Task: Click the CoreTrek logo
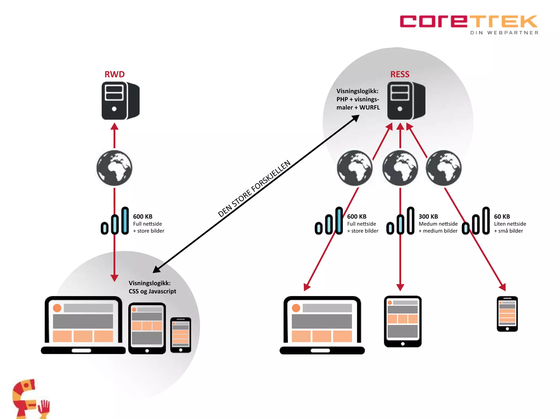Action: (x=468, y=22)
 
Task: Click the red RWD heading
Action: (x=115, y=74)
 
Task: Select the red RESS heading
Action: (x=400, y=74)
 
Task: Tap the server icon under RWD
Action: (x=120, y=101)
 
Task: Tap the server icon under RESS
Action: (x=406, y=101)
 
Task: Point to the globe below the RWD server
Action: (x=114, y=168)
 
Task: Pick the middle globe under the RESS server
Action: (x=400, y=168)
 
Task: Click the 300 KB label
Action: (x=428, y=217)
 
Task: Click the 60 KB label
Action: (x=502, y=217)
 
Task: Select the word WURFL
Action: (x=370, y=107)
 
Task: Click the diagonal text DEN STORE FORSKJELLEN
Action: (x=254, y=189)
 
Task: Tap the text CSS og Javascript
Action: (x=152, y=291)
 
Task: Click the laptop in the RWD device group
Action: (x=83, y=325)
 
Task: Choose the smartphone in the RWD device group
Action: (x=181, y=335)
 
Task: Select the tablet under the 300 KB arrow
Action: (x=403, y=321)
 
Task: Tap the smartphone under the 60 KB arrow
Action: (x=507, y=314)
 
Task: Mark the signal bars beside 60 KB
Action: (x=476, y=221)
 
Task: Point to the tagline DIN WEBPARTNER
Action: (x=504, y=33)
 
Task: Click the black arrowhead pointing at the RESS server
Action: (x=356, y=118)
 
